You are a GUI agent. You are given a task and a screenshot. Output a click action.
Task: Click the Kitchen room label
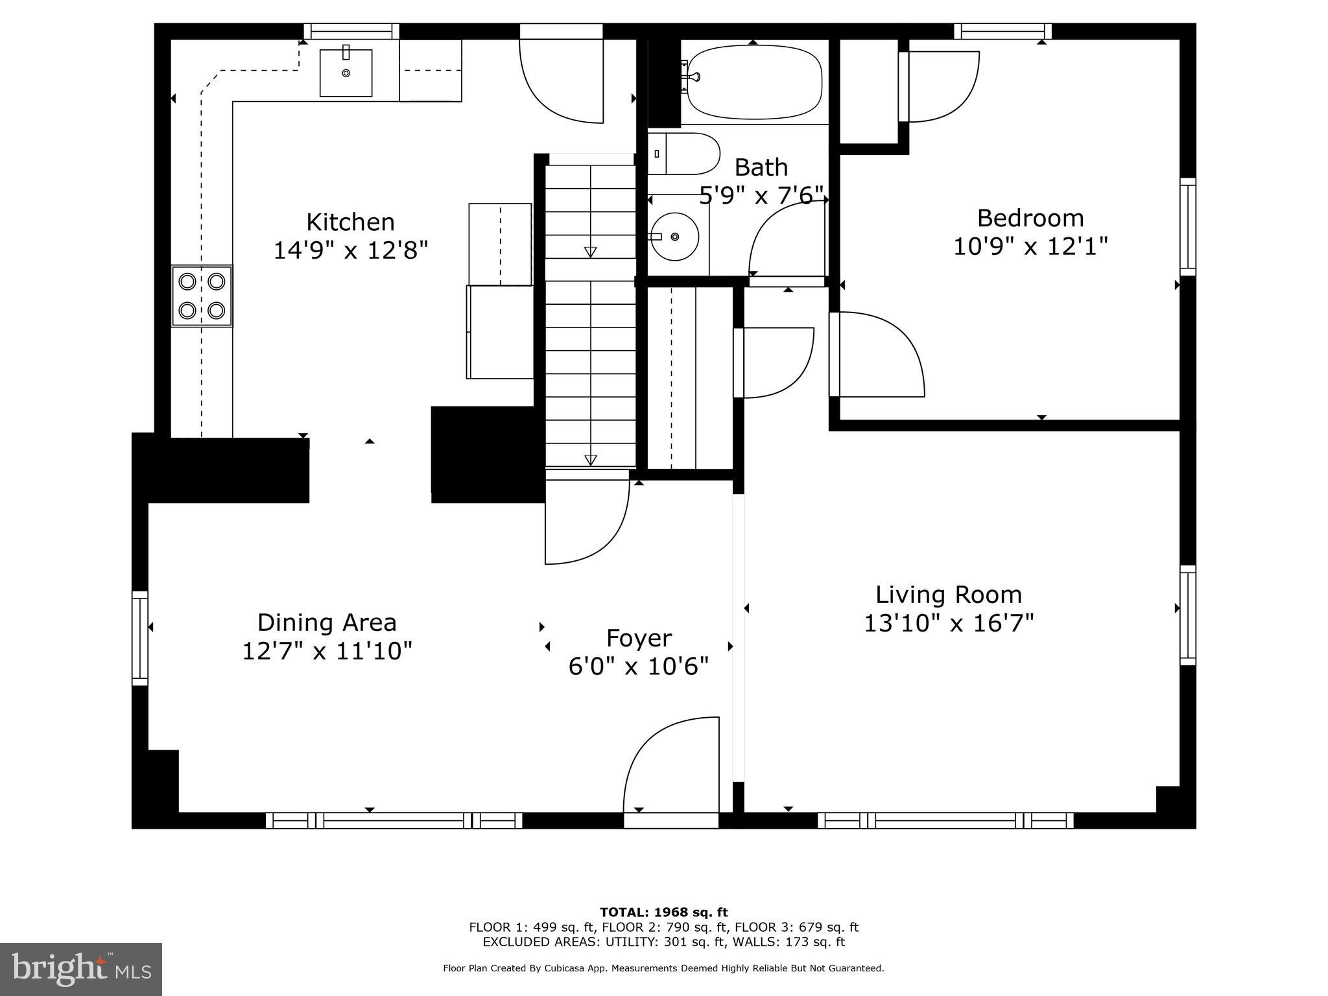click(350, 222)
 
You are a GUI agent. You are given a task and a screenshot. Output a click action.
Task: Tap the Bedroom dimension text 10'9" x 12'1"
click(1030, 246)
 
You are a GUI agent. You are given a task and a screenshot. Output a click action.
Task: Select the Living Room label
click(949, 595)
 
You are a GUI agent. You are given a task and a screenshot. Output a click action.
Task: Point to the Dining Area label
click(327, 622)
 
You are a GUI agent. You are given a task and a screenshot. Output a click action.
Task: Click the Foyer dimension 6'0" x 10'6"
click(639, 666)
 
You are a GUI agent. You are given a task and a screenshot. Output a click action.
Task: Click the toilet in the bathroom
click(684, 154)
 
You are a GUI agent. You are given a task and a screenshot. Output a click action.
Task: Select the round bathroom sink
click(675, 236)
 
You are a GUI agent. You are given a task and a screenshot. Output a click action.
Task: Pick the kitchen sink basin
click(346, 73)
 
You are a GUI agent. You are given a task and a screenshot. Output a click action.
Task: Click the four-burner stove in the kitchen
click(202, 296)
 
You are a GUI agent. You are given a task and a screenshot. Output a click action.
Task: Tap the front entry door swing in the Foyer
click(671, 765)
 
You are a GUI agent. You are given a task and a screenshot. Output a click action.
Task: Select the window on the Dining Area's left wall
click(140, 638)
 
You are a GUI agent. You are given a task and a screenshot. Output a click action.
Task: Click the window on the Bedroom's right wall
click(1187, 227)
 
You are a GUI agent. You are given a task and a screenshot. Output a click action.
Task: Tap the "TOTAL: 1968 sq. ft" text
click(663, 912)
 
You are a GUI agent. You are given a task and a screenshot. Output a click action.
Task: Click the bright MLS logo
click(81, 969)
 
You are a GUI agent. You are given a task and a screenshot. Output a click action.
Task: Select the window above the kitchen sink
click(351, 31)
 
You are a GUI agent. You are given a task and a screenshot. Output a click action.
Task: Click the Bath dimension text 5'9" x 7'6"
click(761, 195)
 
